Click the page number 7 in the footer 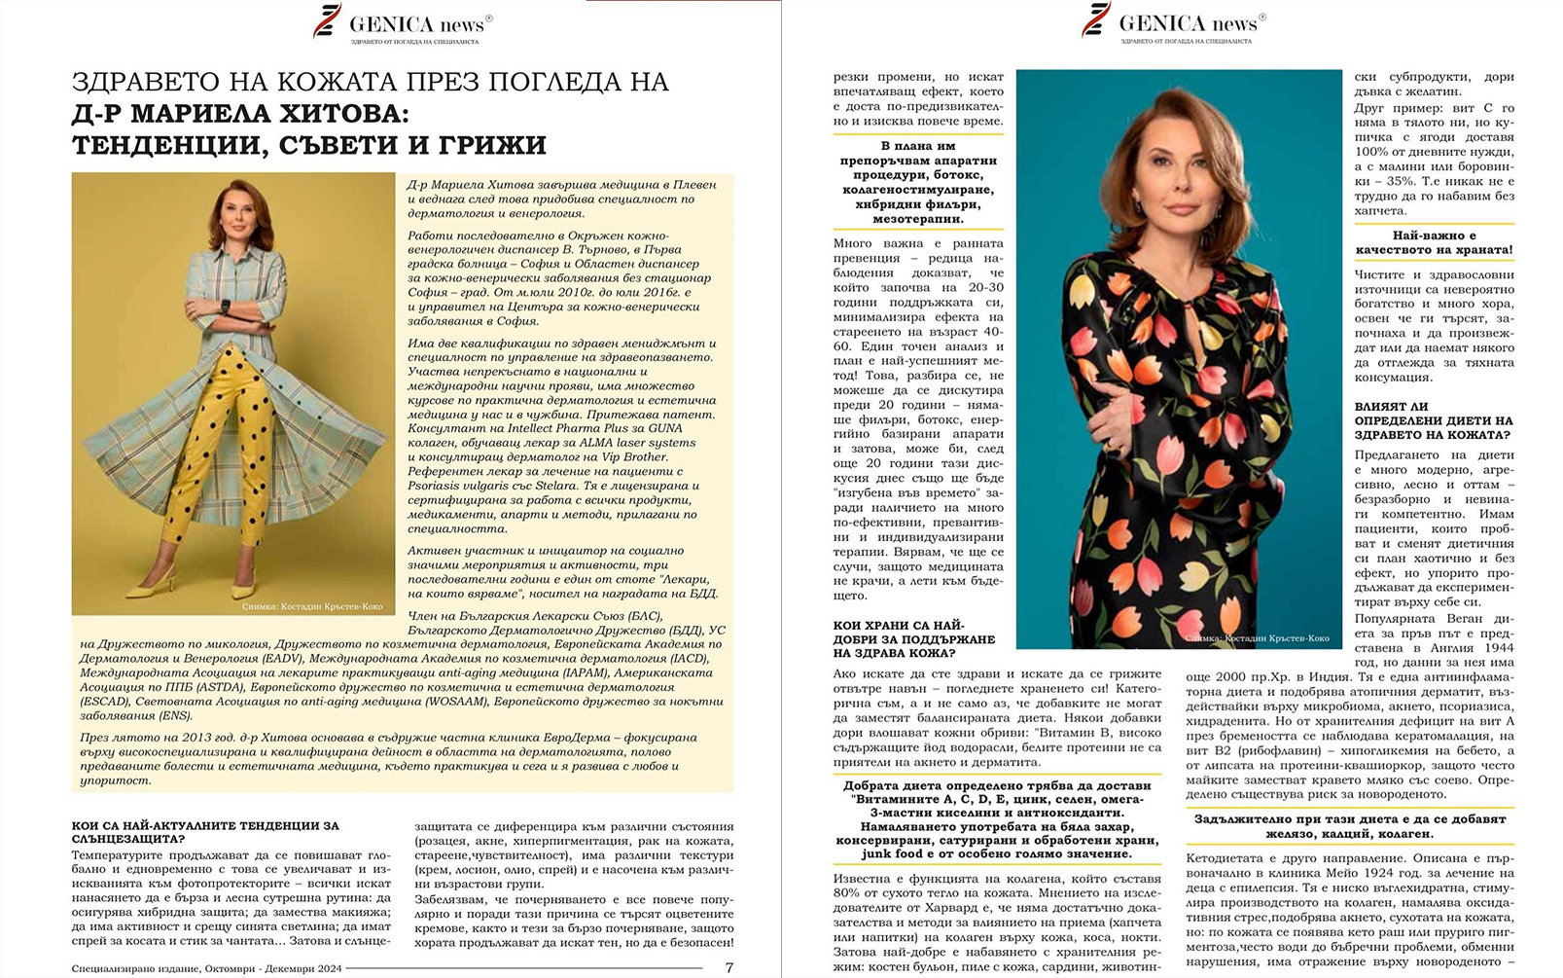pos(728,967)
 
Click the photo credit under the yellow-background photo pos(311,606)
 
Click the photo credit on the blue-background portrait pos(1257,638)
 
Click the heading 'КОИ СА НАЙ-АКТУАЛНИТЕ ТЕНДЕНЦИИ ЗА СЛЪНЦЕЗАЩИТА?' pos(205,832)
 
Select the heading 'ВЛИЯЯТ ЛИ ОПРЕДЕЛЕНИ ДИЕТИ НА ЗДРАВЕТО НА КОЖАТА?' pos(1433,421)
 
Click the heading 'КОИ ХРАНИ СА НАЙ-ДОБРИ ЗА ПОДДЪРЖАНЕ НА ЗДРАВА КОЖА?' pos(914,639)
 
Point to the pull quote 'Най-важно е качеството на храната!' pos(1434,242)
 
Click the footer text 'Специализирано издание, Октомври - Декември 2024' pos(206,968)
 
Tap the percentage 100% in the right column pos(1370,152)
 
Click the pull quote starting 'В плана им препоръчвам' pos(918,182)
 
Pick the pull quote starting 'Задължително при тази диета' pos(1349,826)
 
